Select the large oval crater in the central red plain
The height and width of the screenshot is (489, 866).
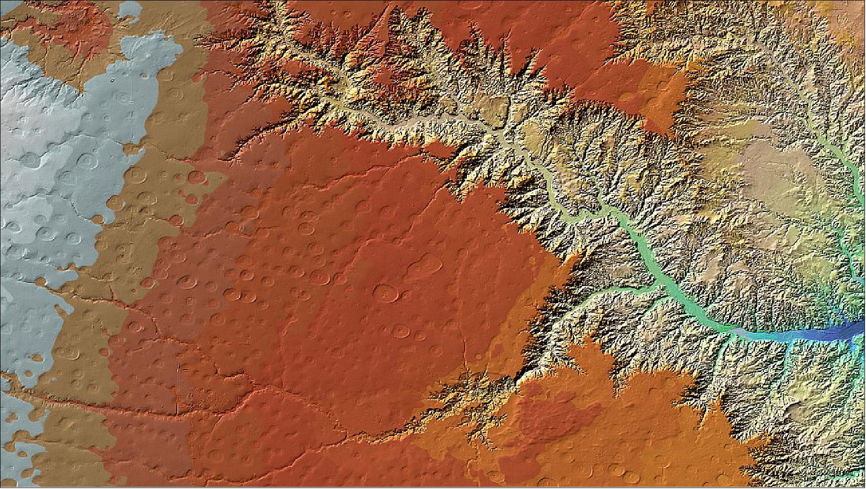click(x=386, y=294)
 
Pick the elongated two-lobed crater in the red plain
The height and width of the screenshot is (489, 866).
click(x=425, y=268)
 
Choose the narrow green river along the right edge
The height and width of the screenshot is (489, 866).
click(x=854, y=188)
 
